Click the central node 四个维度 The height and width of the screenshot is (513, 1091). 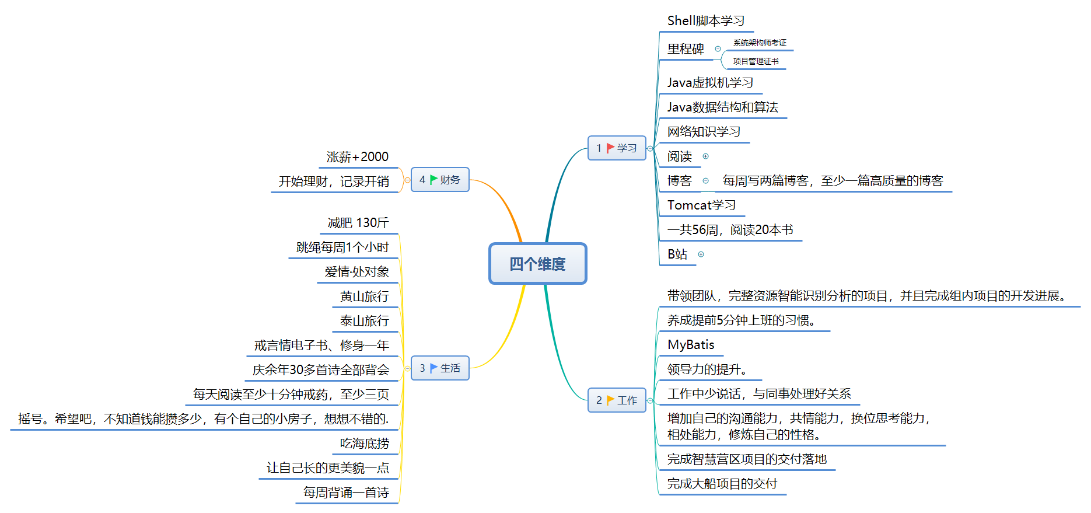[x=537, y=264]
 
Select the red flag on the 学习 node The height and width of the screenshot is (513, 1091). [x=610, y=148]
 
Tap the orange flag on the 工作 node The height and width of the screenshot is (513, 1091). [x=610, y=400]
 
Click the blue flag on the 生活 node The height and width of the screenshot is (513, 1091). [x=433, y=368]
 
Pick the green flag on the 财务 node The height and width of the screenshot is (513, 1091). [x=433, y=180]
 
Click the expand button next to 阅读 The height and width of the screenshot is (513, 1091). [x=705, y=156]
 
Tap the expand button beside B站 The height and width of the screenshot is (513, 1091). [x=701, y=254]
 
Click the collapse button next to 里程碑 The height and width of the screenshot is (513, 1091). [x=718, y=49]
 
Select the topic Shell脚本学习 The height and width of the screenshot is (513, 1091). [x=706, y=21]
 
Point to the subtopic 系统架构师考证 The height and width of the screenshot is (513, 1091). [x=760, y=43]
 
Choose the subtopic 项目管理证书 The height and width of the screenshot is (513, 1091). [x=756, y=61]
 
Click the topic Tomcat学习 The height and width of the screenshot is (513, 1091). [x=701, y=205]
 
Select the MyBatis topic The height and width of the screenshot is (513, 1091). [x=691, y=345]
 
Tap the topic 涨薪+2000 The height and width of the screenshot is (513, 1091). [x=358, y=157]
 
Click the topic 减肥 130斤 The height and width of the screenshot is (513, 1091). [x=358, y=223]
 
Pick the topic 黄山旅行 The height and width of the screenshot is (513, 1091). [x=365, y=296]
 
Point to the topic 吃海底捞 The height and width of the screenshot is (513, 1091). [x=365, y=444]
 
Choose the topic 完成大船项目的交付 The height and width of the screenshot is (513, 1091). [x=722, y=484]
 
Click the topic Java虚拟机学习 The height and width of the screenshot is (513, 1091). [x=710, y=83]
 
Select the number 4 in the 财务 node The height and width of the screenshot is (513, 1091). [x=422, y=180]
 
